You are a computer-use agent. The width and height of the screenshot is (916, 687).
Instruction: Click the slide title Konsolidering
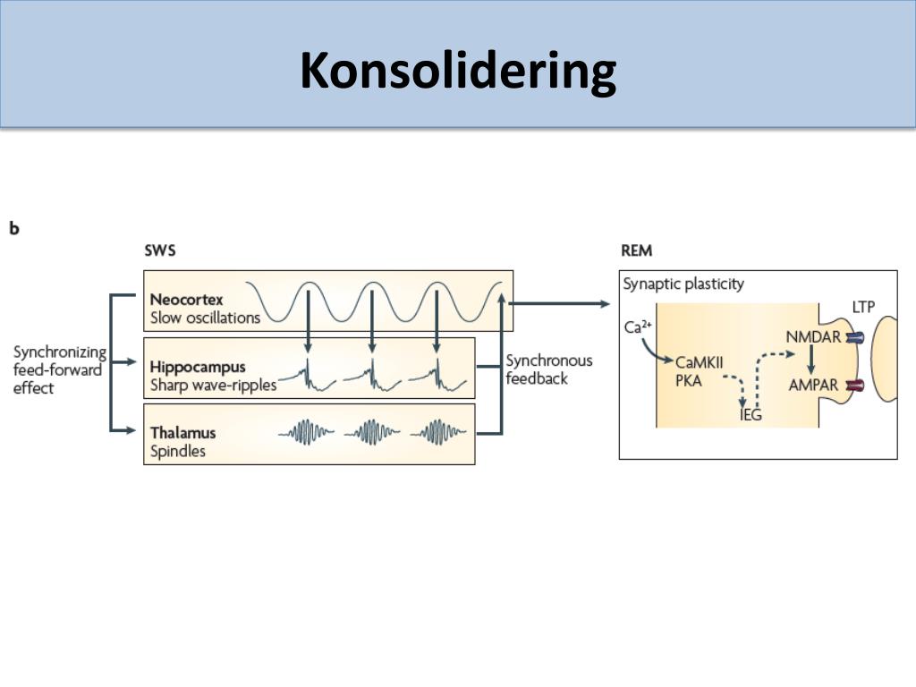(458, 71)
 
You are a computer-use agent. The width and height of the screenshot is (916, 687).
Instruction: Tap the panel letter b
(14, 228)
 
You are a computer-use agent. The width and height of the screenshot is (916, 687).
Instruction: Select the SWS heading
(160, 250)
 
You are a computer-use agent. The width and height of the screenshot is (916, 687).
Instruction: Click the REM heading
(636, 250)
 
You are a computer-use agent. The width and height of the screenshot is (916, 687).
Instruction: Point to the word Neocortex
(186, 300)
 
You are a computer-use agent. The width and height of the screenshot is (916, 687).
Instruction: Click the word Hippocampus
(198, 367)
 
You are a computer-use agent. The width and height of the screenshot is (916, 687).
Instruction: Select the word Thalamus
(183, 433)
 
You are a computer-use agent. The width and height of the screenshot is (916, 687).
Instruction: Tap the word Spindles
(178, 452)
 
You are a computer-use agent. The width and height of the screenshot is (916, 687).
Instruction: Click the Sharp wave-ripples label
(213, 386)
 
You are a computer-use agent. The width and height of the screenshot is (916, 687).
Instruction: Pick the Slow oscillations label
(205, 318)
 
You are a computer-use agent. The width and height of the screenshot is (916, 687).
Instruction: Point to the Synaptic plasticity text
(683, 284)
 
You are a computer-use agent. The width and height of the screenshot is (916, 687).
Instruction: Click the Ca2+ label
(638, 327)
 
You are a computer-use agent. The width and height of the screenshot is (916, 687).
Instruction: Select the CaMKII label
(700, 362)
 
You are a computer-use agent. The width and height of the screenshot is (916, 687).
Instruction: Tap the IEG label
(751, 415)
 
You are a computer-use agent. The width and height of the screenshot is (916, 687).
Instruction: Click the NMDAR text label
(813, 337)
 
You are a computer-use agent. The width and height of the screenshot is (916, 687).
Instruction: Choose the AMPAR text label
(814, 386)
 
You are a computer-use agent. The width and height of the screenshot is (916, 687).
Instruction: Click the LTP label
(863, 308)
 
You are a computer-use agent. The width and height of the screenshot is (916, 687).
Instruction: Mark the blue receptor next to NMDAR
(857, 338)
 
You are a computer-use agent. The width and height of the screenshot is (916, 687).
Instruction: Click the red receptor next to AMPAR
(856, 386)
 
